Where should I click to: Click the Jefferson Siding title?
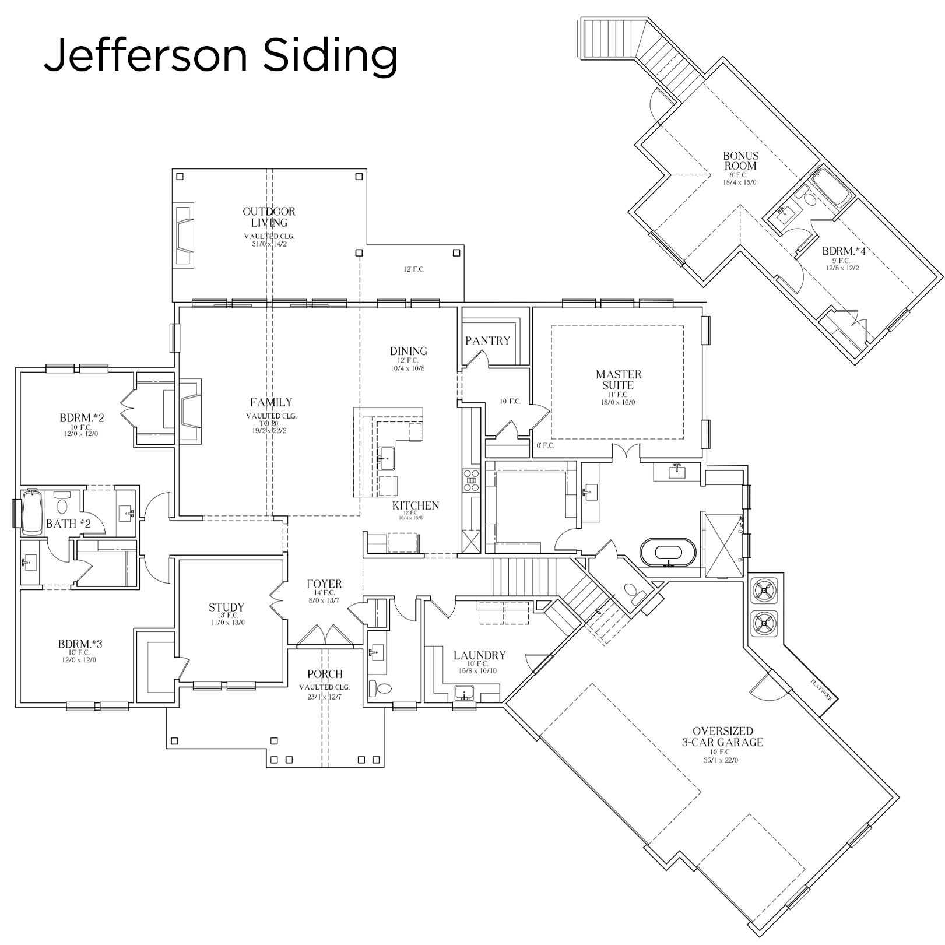click(x=220, y=56)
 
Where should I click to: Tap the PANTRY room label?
click(x=487, y=340)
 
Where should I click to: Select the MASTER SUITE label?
click(x=619, y=380)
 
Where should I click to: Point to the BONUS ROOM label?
click(x=740, y=160)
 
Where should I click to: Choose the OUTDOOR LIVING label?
click(x=269, y=217)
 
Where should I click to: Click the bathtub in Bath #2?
click(x=32, y=513)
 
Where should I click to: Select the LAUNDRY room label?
click(x=479, y=656)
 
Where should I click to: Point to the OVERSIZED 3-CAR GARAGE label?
click(x=723, y=736)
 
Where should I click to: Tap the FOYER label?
click(x=325, y=584)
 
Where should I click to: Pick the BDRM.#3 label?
click(x=80, y=644)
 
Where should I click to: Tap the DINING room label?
click(x=408, y=351)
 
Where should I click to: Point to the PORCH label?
click(x=325, y=675)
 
